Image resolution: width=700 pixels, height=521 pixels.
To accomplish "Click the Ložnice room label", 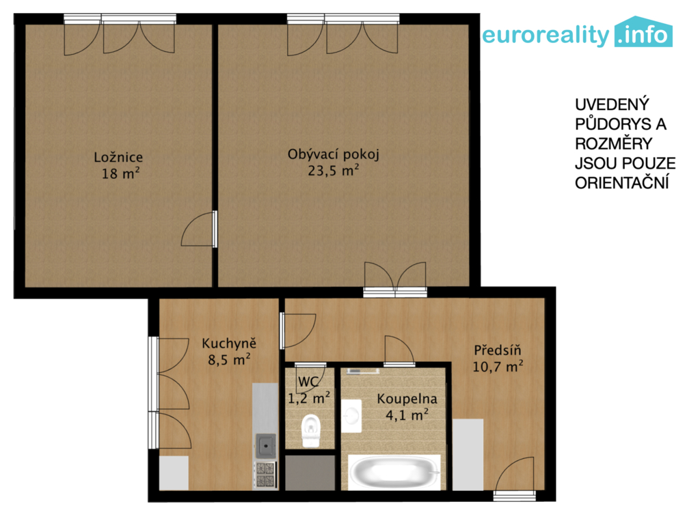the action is tap(118, 157).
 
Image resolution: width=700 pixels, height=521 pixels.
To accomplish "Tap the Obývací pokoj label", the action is tap(333, 154).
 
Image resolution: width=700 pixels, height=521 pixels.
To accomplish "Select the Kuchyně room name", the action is tap(229, 343).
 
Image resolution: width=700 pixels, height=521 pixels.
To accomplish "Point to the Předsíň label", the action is tap(498, 350).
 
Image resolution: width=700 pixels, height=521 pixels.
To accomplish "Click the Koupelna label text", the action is tap(407, 399).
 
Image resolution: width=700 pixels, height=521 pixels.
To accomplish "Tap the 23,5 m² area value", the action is tap(333, 170).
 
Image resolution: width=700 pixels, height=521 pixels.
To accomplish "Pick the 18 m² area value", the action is tap(120, 173).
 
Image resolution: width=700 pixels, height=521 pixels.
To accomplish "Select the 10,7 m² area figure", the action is tap(498, 367).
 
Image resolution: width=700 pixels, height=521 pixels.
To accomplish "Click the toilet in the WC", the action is tap(311, 430).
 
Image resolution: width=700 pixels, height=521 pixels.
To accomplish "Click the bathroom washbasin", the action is tap(352, 416).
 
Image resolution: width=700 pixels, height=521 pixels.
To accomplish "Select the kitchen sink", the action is tap(265, 445).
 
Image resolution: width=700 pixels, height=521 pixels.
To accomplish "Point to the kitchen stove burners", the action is tap(265, 475).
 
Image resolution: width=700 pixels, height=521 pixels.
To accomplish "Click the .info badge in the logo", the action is tap(643, 32).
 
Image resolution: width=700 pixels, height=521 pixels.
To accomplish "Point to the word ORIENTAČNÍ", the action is tap(622, 183).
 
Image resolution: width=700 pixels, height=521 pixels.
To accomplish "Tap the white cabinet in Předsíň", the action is tap(468, 455).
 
